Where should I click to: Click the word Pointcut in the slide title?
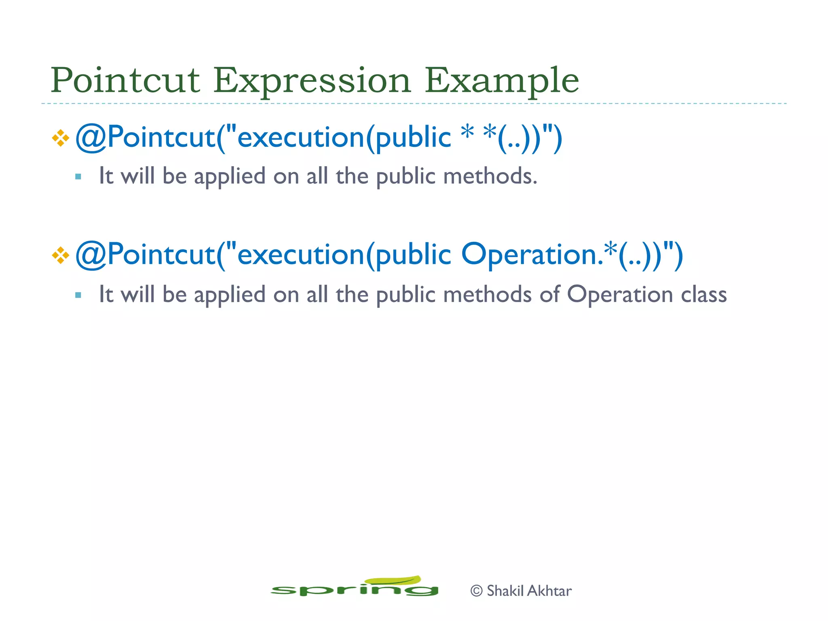pyautogui.click(x=125, y=80)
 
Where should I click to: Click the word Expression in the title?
pyautogui.click(x=312, y=80)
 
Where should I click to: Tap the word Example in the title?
pyautogui.click(x=501, y=80)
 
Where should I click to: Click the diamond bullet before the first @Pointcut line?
pyautogui.click(x=61, y=138)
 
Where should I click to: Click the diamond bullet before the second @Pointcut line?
pyautogui.click(x=61, y=256)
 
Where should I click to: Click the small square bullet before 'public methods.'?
pyautogui.click(x=78, y=177)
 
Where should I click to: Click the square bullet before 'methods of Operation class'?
pyautogui.click(x=78, y=295)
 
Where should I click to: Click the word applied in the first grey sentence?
pyautogui.click(x=229, y=177)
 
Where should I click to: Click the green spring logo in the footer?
pyautogui.click(x=354, y=589)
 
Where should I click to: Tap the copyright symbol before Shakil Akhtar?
pyautogui.click(x=477, y=591)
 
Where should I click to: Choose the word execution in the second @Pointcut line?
pyautogui.click(x=301, y=255)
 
